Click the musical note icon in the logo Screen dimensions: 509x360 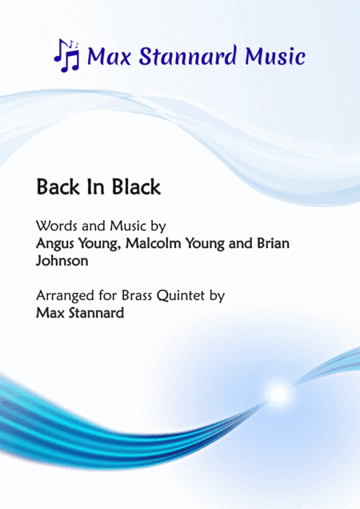pyautogui.click(x=66, y=54)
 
